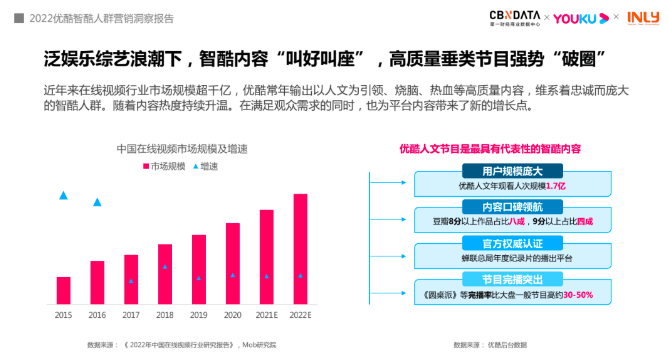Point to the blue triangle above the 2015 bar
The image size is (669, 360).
tap(64, 195)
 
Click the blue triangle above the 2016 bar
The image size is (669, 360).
tap(97, 202)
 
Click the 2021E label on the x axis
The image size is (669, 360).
tap(266, 315)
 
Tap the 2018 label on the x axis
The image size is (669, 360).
tap(165, 315)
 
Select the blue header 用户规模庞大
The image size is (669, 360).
tap(511, 172)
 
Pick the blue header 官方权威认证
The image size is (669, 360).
tap(511, 243)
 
